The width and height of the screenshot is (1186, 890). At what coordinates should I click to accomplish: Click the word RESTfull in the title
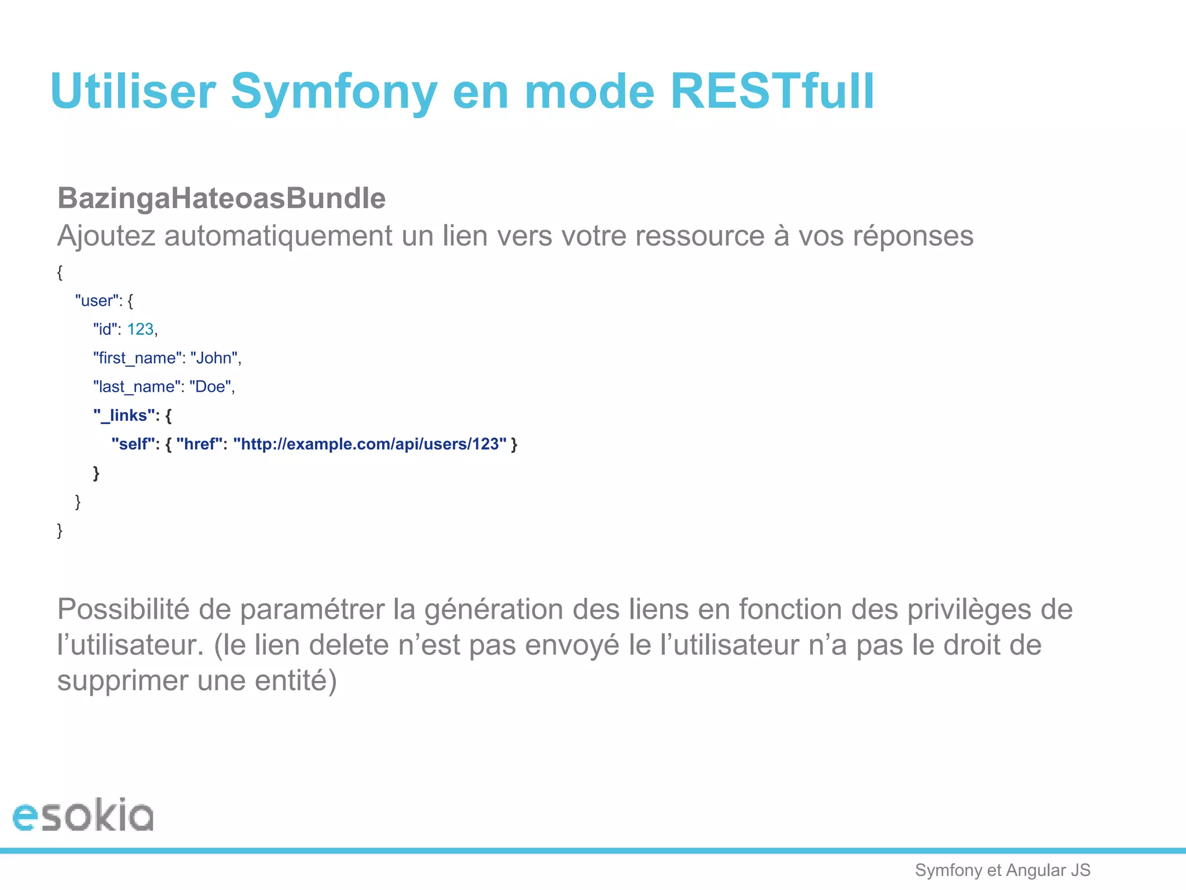point(772,92)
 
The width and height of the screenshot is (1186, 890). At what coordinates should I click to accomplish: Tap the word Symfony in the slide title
point(334,93)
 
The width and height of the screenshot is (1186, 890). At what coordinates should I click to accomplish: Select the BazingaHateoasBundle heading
point(221,198)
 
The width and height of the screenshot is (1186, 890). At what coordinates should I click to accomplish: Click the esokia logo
point(83,815)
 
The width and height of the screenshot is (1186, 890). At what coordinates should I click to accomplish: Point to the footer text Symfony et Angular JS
point(1002,870)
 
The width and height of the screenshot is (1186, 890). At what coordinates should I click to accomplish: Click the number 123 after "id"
point(140,329)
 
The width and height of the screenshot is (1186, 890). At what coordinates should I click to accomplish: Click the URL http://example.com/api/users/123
point(370,444)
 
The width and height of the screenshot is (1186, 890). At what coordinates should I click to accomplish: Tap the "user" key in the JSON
point(97,301)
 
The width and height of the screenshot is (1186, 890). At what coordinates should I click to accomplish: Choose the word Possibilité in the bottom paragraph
point(123,609)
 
